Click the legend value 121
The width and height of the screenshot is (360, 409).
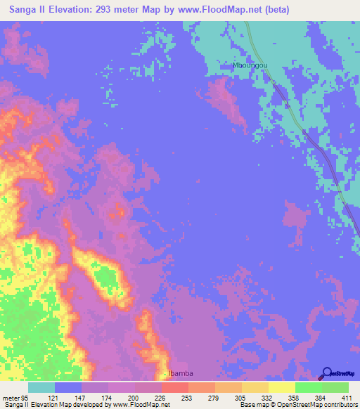[62, 398]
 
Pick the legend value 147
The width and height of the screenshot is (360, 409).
[89, 398]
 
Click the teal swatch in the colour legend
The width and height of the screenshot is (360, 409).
[41, 387]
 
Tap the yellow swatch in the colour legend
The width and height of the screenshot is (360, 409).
[281, 387]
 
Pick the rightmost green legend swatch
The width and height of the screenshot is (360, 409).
[335, 387]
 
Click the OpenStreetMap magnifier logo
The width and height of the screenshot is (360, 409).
[326, 373]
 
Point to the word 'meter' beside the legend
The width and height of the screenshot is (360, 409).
[11, 398]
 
